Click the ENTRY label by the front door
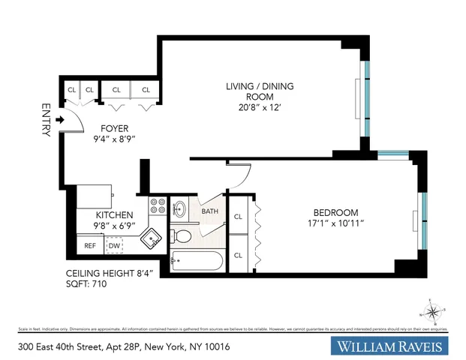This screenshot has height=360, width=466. click(45, 120)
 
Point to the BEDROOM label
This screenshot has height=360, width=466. click(335, 212)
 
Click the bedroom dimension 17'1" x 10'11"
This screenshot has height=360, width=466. click(335, 223)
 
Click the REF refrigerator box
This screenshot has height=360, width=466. click(89, 245)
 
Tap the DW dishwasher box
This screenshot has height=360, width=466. click(114, 245)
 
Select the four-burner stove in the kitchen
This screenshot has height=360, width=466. click(157, 206)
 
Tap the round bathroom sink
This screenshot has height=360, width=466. click(181, 208)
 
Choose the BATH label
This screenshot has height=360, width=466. click(209, 211)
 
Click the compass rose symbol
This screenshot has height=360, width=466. click(433, 312)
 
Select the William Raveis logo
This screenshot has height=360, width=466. click(390, 346)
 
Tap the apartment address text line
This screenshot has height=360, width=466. click(123, 346)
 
